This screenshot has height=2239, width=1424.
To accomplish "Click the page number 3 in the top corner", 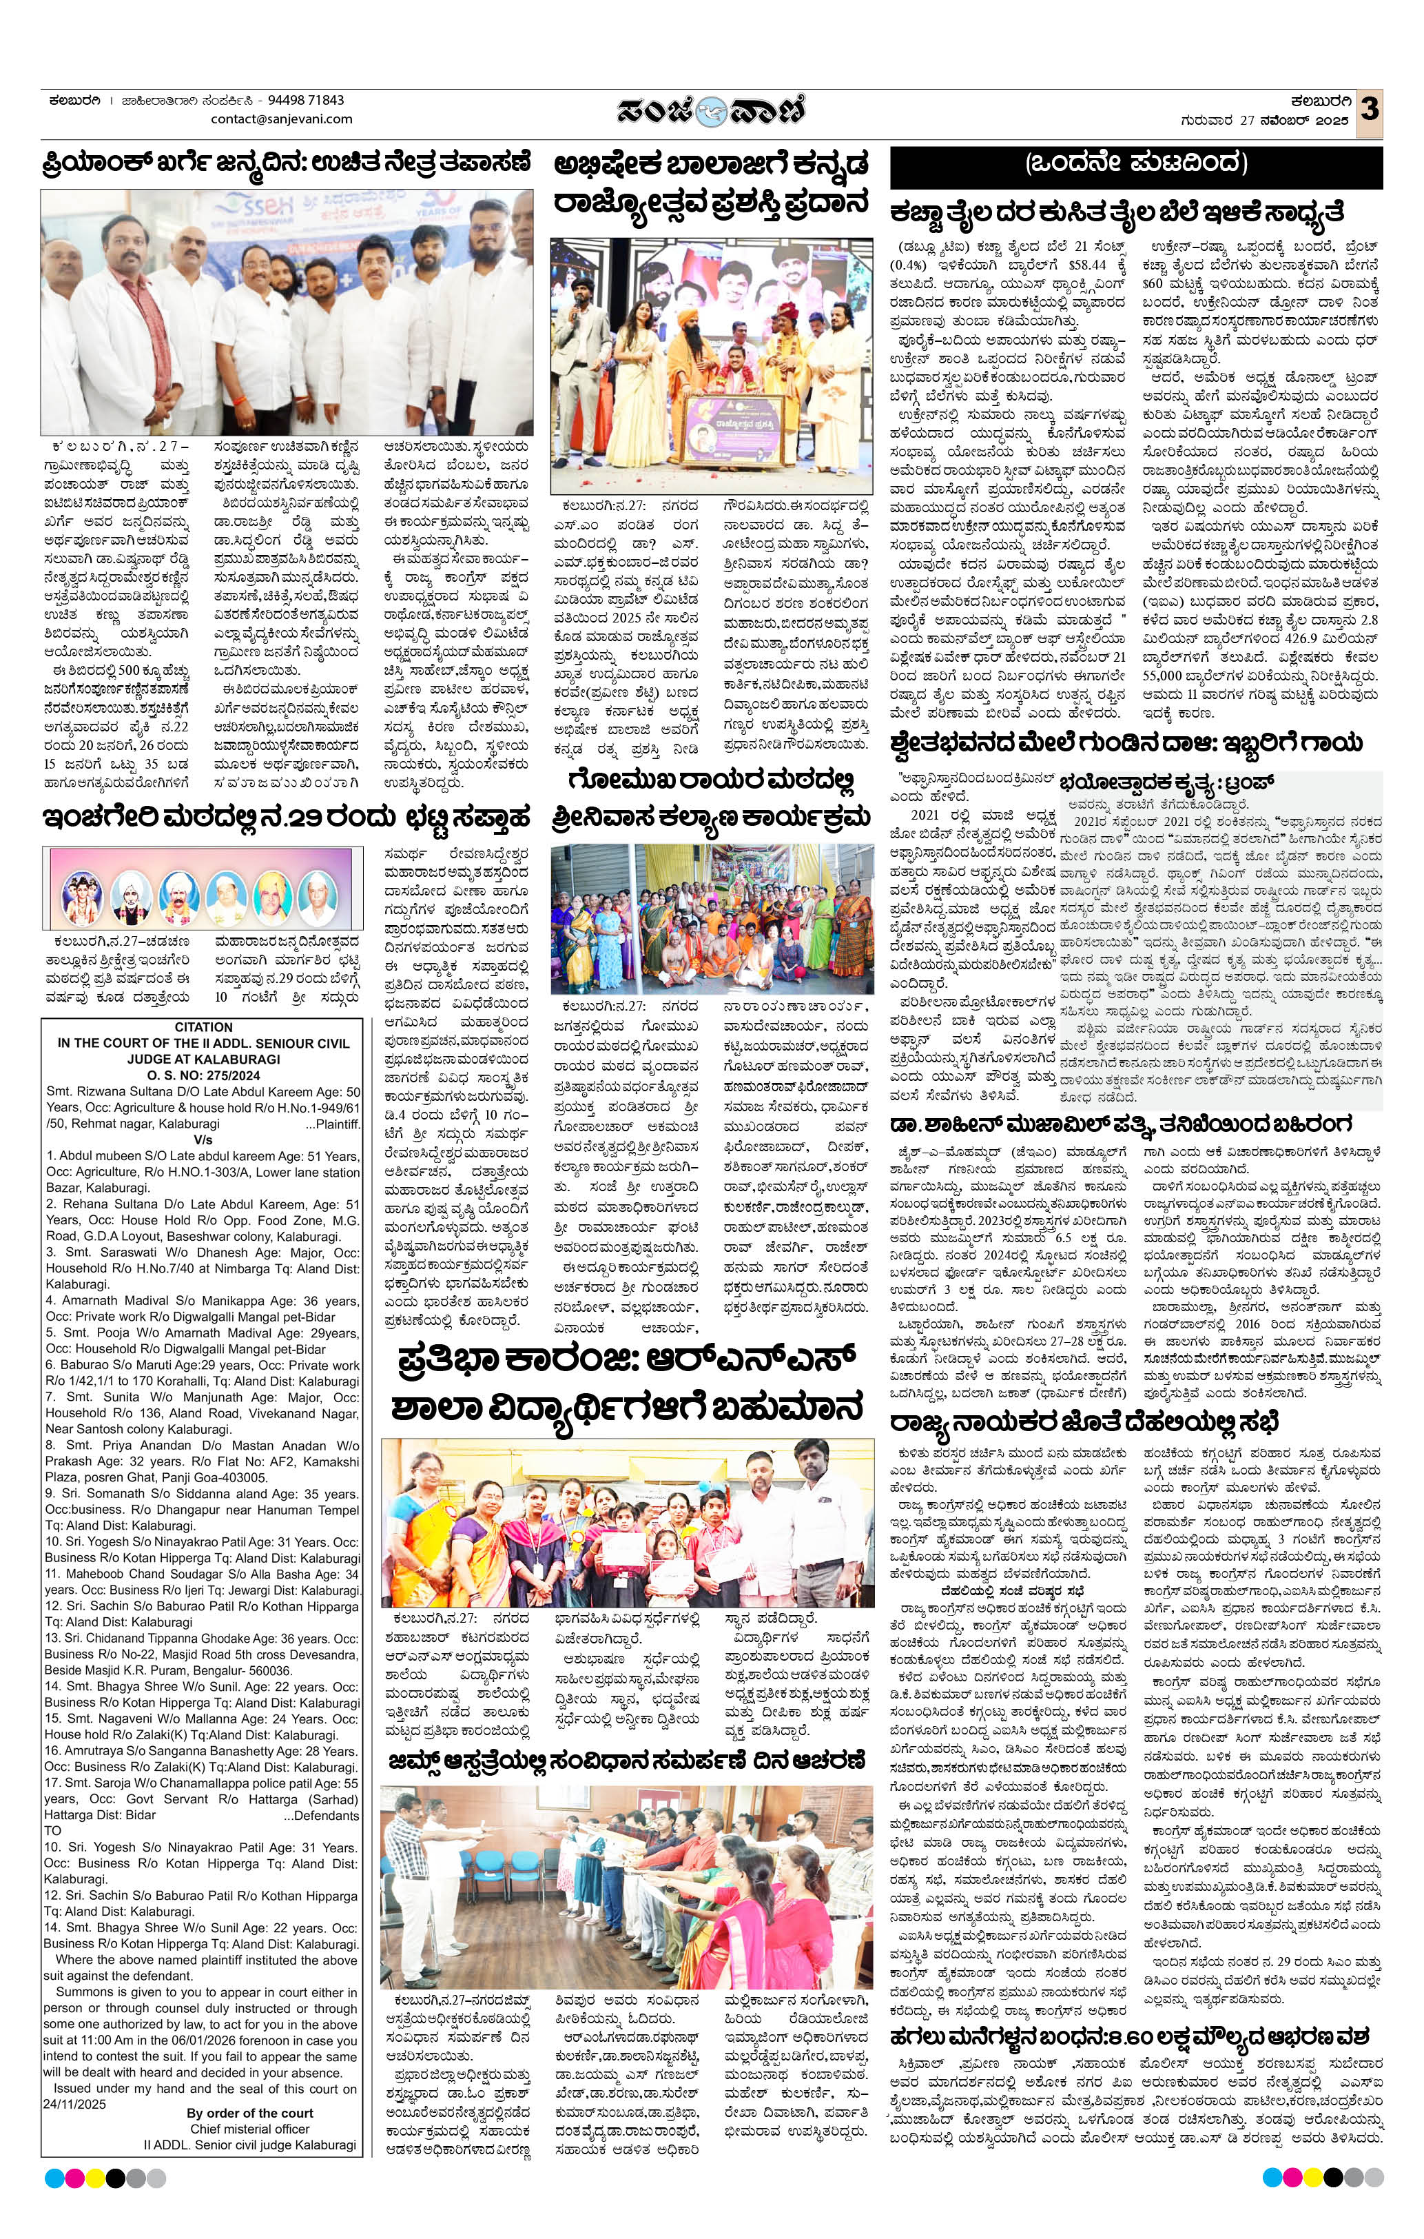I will click(x=1368, y=110).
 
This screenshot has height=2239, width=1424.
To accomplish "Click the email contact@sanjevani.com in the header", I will click(x=282, y=119).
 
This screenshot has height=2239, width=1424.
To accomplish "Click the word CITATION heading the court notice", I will click(x=203, y=1026).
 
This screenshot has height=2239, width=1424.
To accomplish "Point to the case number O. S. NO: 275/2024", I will click(x=203, y=1074).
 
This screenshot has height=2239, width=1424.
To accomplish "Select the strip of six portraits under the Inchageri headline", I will click(x=196, y=888).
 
